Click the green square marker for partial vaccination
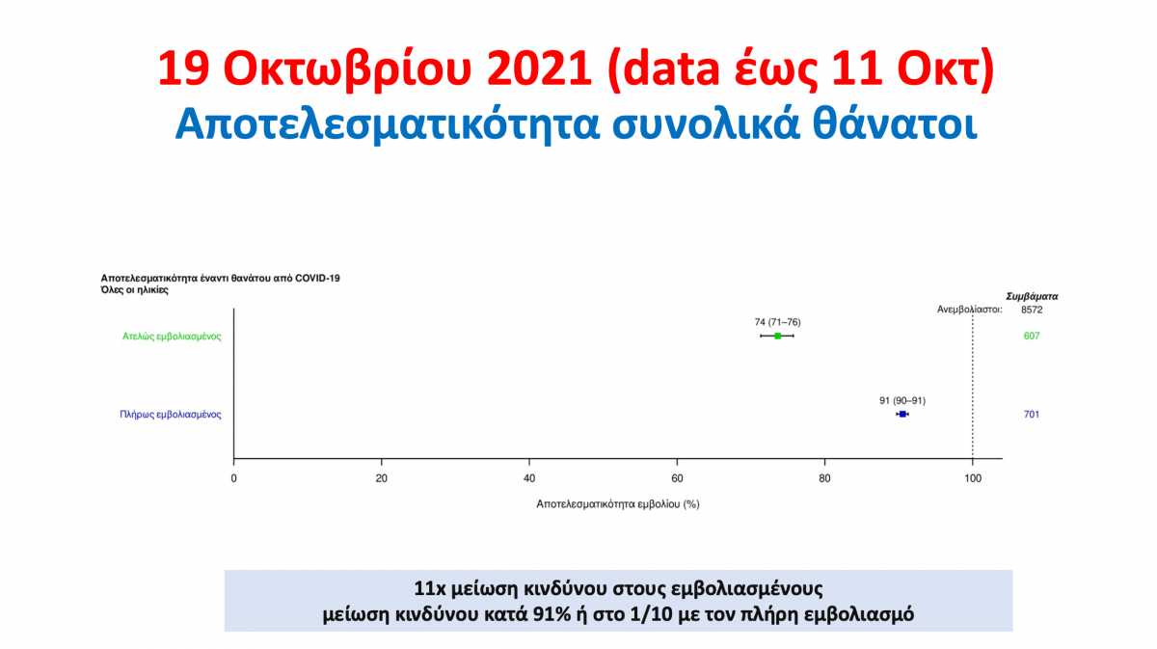pos(777,336)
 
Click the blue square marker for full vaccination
pos(902,414)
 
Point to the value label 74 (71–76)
pos(777,322)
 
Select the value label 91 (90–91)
pos(902,400)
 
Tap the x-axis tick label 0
pos(234,478)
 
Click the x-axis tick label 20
pos(381,478)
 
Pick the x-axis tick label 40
pos(529,478)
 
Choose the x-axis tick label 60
pos(677,478)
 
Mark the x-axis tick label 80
pos(824,478)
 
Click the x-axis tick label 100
pos(973,478)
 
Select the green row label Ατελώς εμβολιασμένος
pos(172,337)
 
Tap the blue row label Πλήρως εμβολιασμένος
pos(171,415)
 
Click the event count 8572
pos(1032,310)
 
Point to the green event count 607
pos(1032,336)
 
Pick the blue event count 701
pos(1032,414)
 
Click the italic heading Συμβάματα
pos(1032,297)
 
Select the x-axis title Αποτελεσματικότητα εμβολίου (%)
pos(618,503)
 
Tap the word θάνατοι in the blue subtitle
pos(895,124)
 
